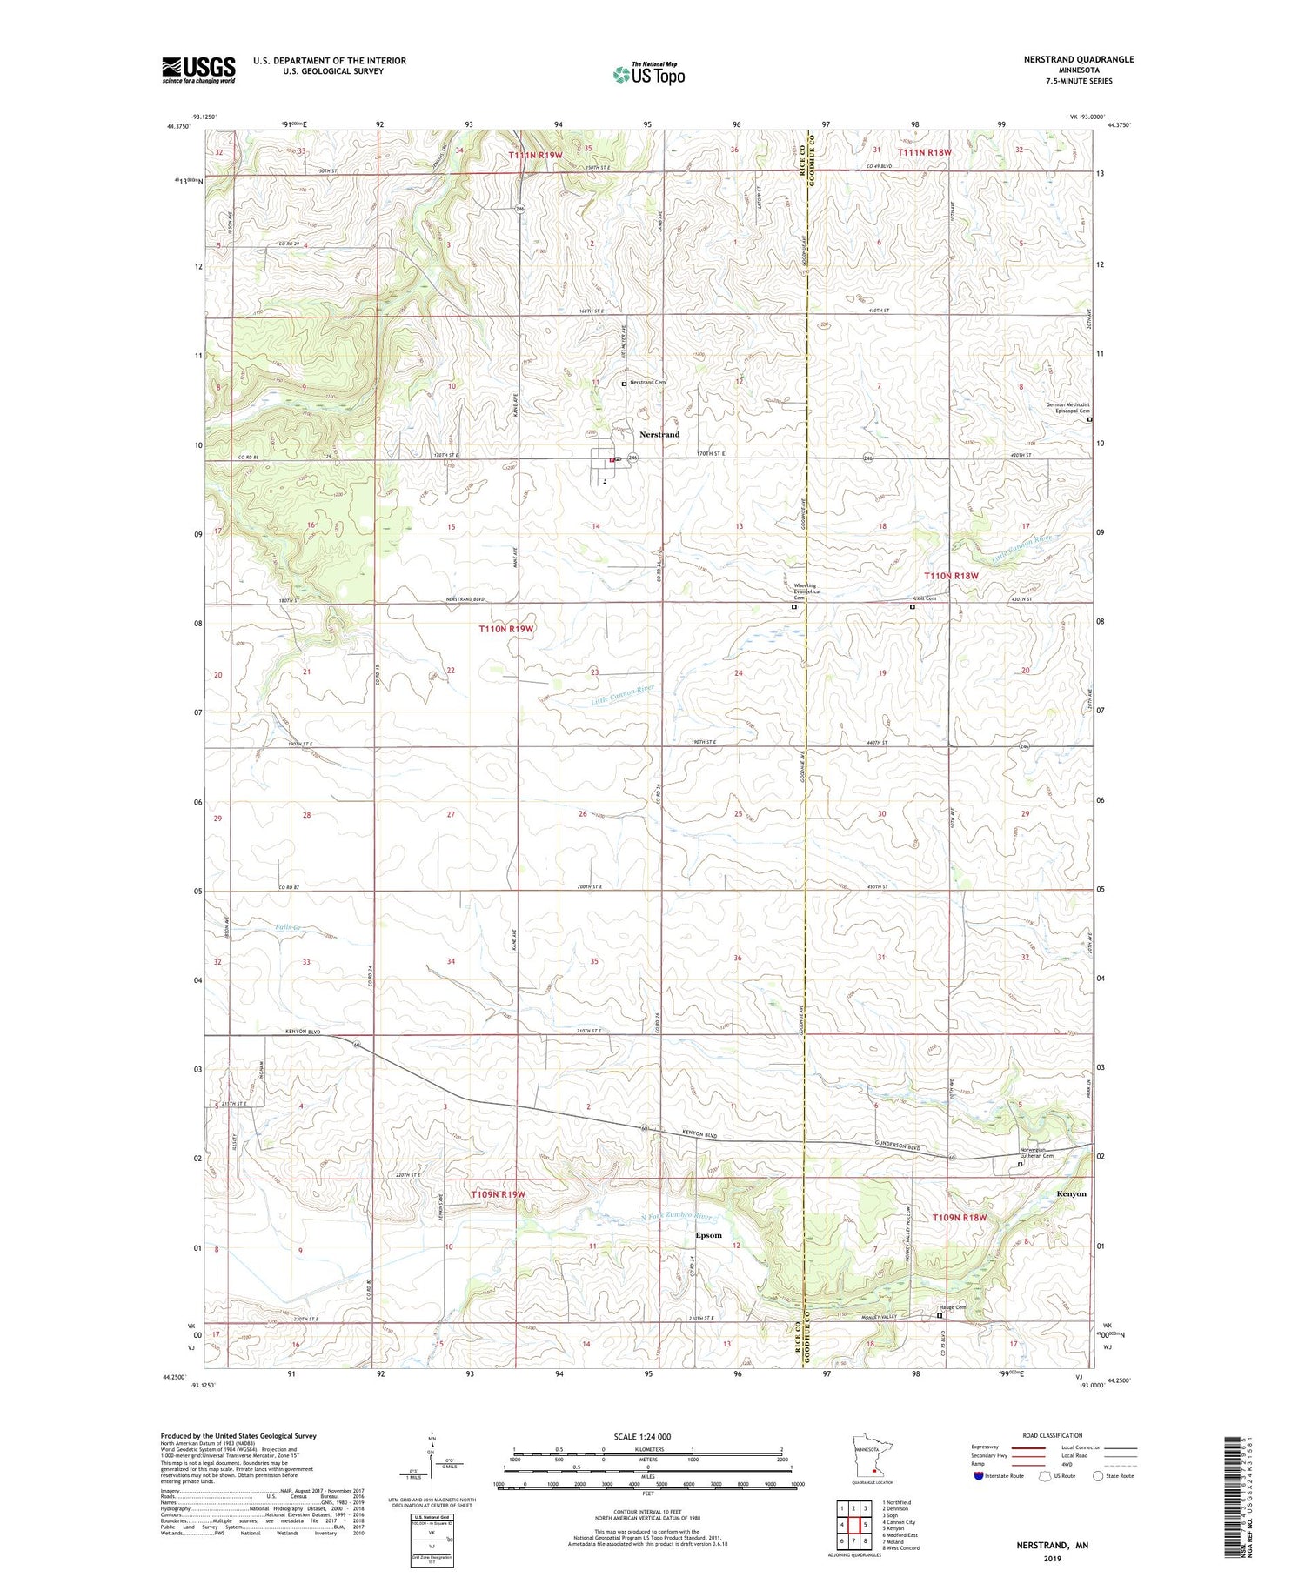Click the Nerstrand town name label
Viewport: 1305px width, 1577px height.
click(x=659, y=434)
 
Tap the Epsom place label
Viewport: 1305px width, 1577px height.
click(x=708, y=1235)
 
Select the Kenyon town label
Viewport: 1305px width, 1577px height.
click(x=1071, y=1193)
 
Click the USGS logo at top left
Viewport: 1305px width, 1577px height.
click(x=198, y=70)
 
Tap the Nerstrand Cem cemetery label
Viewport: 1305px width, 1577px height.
click(x=647, y=383)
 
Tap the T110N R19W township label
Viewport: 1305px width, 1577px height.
click(x=505, y=628)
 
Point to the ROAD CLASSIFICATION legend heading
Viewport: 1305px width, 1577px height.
click(x=1053, y=1435)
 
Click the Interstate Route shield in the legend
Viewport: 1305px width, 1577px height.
click(x=979, y=1476)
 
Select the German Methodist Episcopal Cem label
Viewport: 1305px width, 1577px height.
click(x=1067, y=408)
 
